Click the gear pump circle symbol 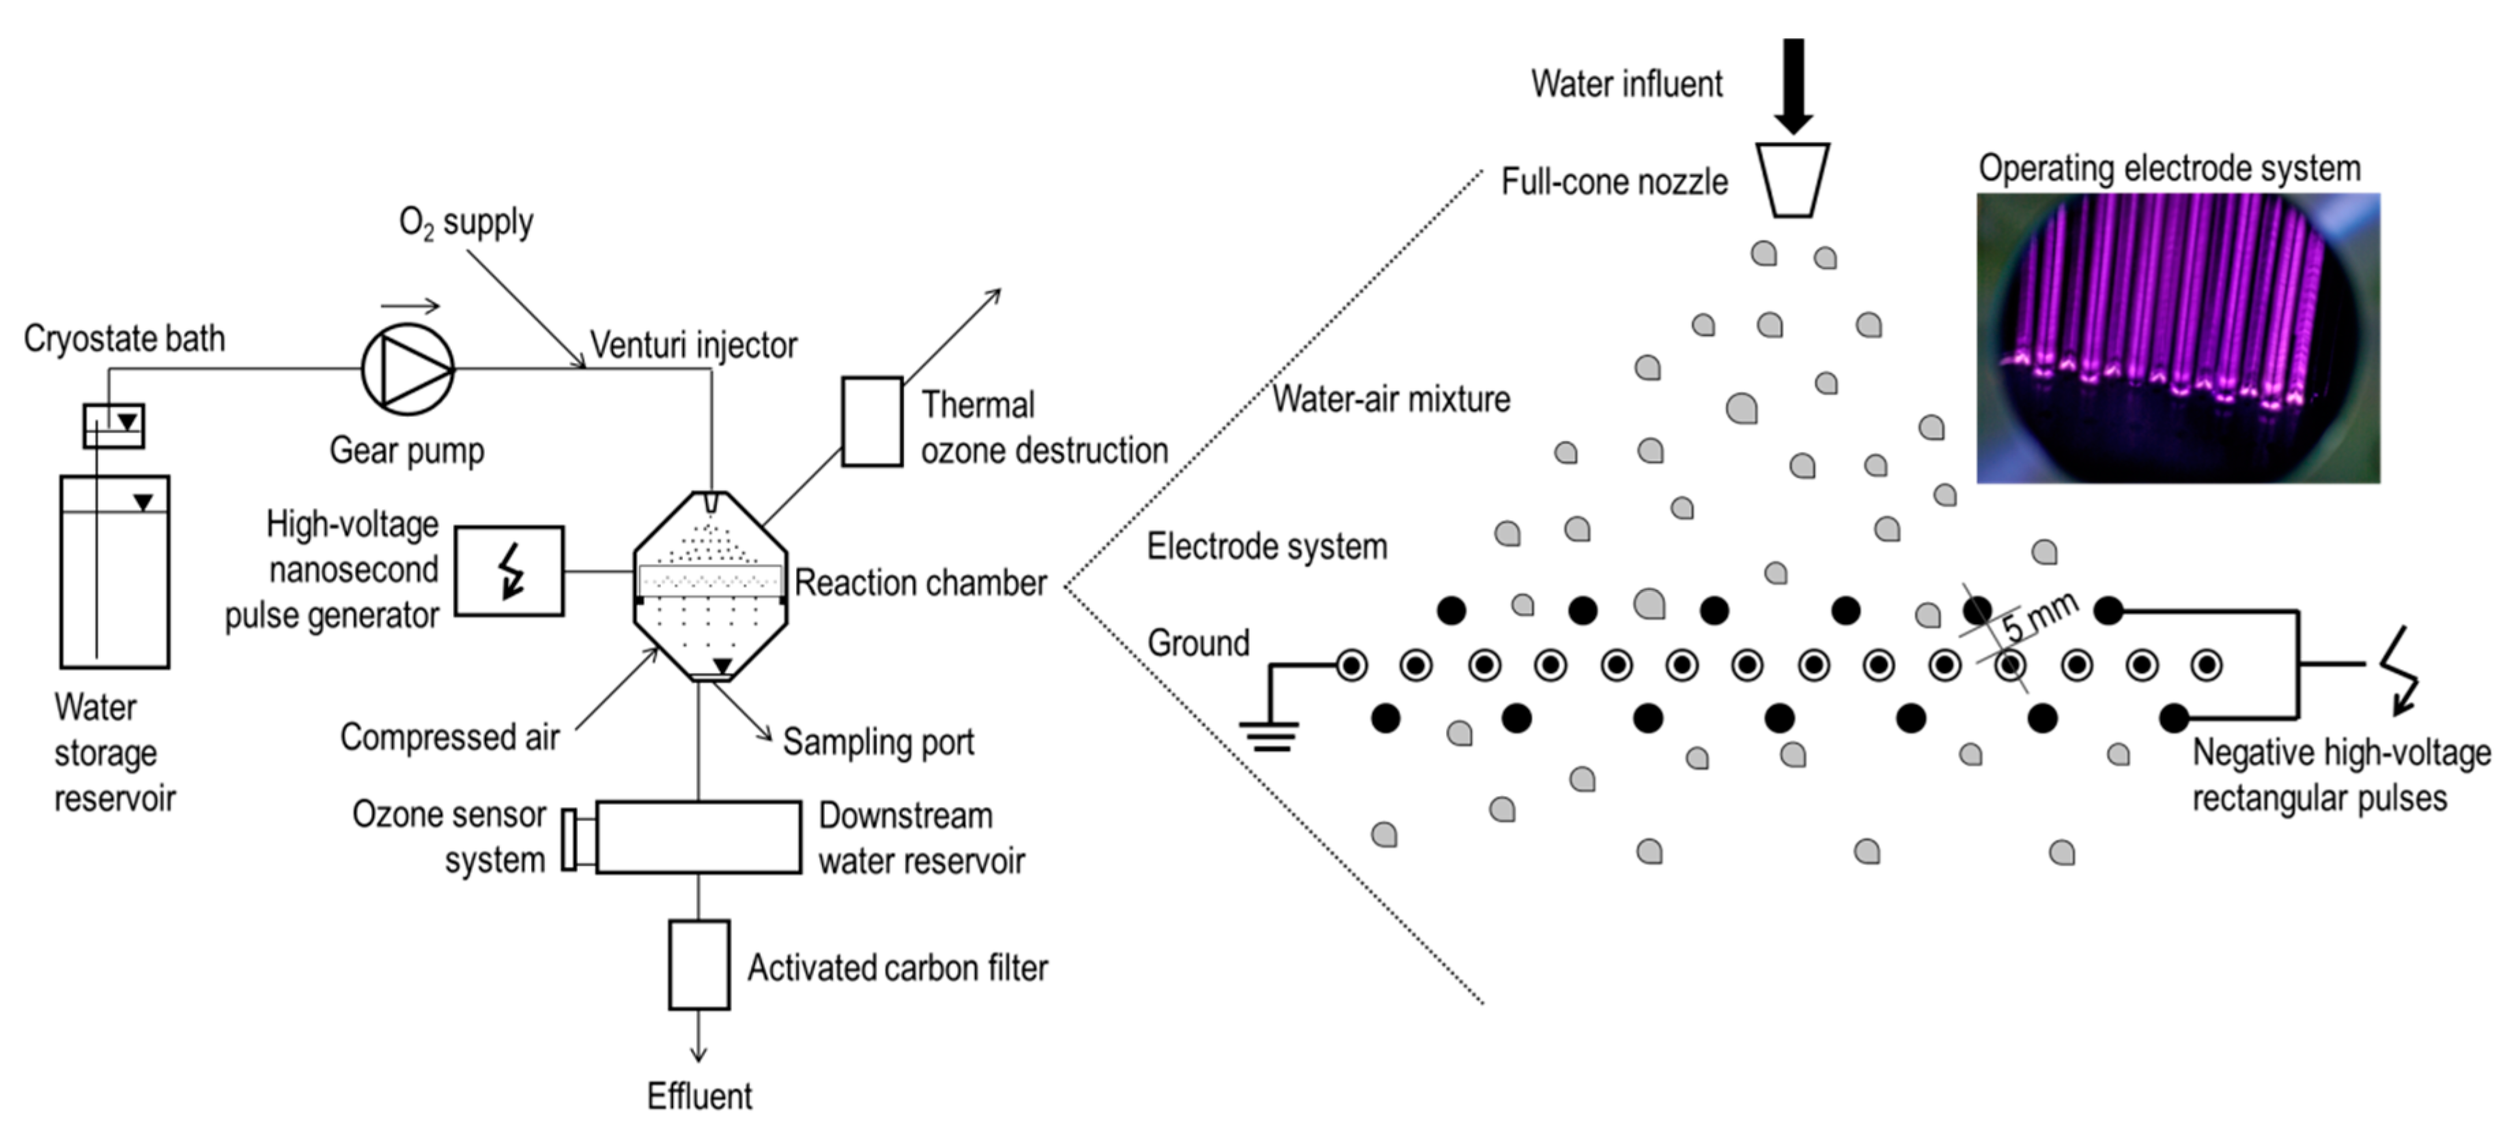(x=408, y=369)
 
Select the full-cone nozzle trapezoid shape (x=1793, y=181)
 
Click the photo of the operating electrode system (x=2178, y=337)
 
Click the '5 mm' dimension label (x=2039, y=617)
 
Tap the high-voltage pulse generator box (x=509, y=571)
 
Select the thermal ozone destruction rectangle (x=872, y=421)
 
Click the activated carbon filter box (x=699, y=964)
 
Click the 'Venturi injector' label (x=693, y=345)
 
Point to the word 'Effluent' (x=699, y=1096)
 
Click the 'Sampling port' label (x=878, y=742)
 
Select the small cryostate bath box (x=113, y=426)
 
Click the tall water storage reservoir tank (x=115, y=572)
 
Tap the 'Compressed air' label (x=450, y=737)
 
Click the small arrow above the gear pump (x=410, y=306)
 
